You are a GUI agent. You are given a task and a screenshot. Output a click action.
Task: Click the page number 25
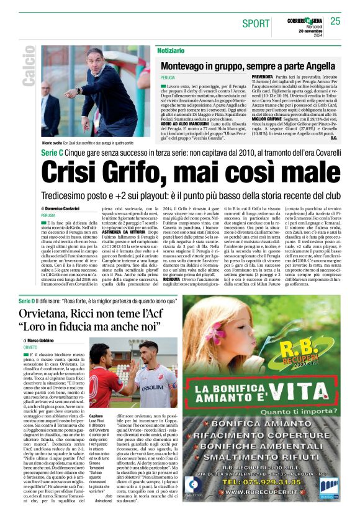tap(335, 21)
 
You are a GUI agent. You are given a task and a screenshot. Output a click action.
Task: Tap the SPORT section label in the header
tap(256, 24)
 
